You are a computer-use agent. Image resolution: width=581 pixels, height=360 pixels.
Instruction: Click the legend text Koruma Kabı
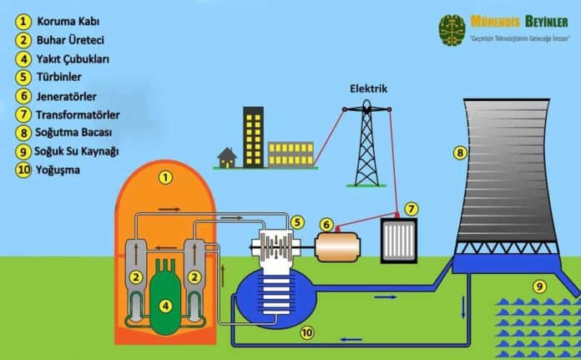pyautogui.click(x=63, y=21)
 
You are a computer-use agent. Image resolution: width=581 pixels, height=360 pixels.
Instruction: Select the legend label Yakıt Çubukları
pyautogui.click(x=73, y=58)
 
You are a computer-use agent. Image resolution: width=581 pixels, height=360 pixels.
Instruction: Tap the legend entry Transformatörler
pyautogui.click(x=78, y=114)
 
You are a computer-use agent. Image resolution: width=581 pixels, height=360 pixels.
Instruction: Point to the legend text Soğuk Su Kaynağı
pyautogui.click(x=78, y=151)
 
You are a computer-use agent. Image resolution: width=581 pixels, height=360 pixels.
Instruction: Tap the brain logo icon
pyautogui.click(x=452, y=28)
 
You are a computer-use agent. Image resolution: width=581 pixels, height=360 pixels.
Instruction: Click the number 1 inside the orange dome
pyautogui.click(x=165, y=177)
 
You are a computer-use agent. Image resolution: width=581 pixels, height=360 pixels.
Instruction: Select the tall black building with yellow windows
pyautogui.click(x=253, y=135)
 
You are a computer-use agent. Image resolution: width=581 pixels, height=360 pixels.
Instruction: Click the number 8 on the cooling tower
pyautogui.click(x=459, y=153)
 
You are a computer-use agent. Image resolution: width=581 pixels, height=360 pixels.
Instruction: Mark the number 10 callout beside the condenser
pyautogui.click(x=307, y=332)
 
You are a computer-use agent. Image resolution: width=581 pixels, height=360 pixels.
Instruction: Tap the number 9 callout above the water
pyautogui.click(x=540, y=286)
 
